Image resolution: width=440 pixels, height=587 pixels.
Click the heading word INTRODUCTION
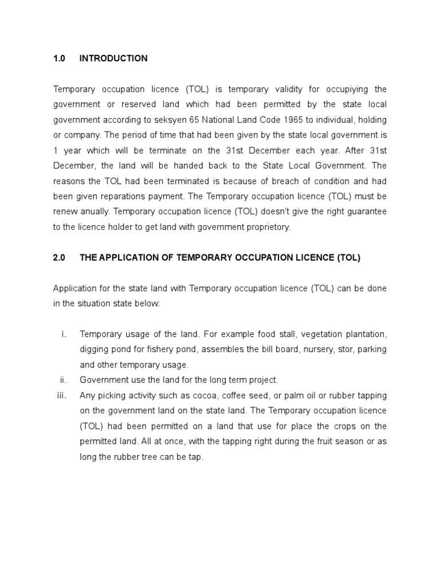[x=113, y=58]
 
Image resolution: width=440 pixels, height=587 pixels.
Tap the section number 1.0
[x=60, y=58]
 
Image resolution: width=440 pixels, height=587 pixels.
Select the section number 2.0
[x=60, y=258]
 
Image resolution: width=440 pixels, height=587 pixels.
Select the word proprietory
[x=268, y=227]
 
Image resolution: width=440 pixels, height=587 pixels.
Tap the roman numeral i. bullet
[x=64, y=334]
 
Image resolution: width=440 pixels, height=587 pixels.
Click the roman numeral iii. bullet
[x=62, y=396]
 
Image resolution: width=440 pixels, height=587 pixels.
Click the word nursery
[x=321, y=350]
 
